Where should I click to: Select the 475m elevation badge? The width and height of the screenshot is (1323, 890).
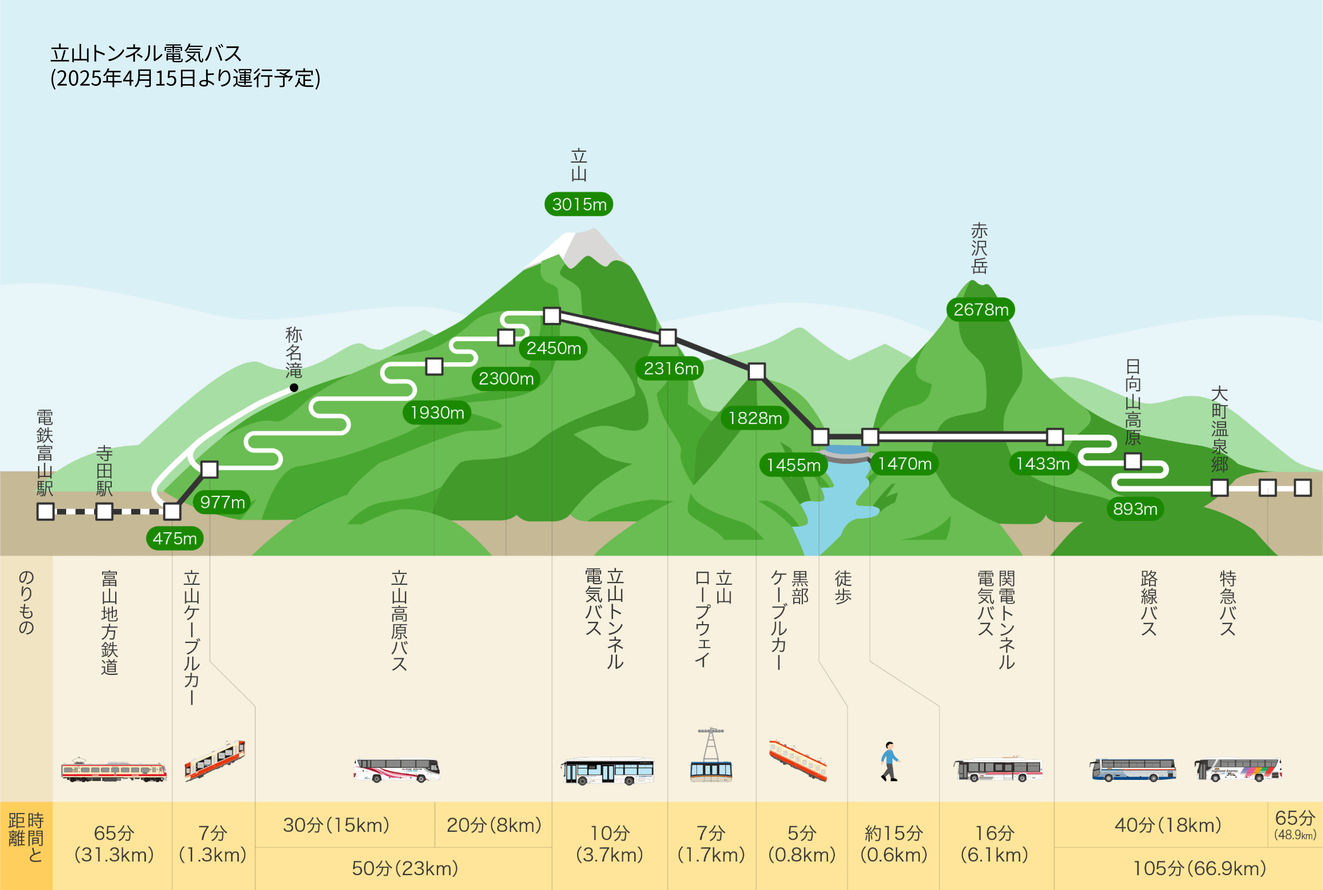coord(175,538)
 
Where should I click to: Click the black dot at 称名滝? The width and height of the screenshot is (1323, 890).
coord(294,388)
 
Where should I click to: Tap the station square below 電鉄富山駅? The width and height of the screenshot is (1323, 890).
coord(45,511)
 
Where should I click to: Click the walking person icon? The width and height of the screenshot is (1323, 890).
coord(890,762)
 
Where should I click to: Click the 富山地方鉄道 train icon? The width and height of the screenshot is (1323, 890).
coord(113,770)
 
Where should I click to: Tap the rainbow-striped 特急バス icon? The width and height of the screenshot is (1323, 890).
coord(1238,770)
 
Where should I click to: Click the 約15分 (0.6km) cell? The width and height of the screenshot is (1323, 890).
coord(894,844)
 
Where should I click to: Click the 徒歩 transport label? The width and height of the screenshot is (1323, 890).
coord(843,587)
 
